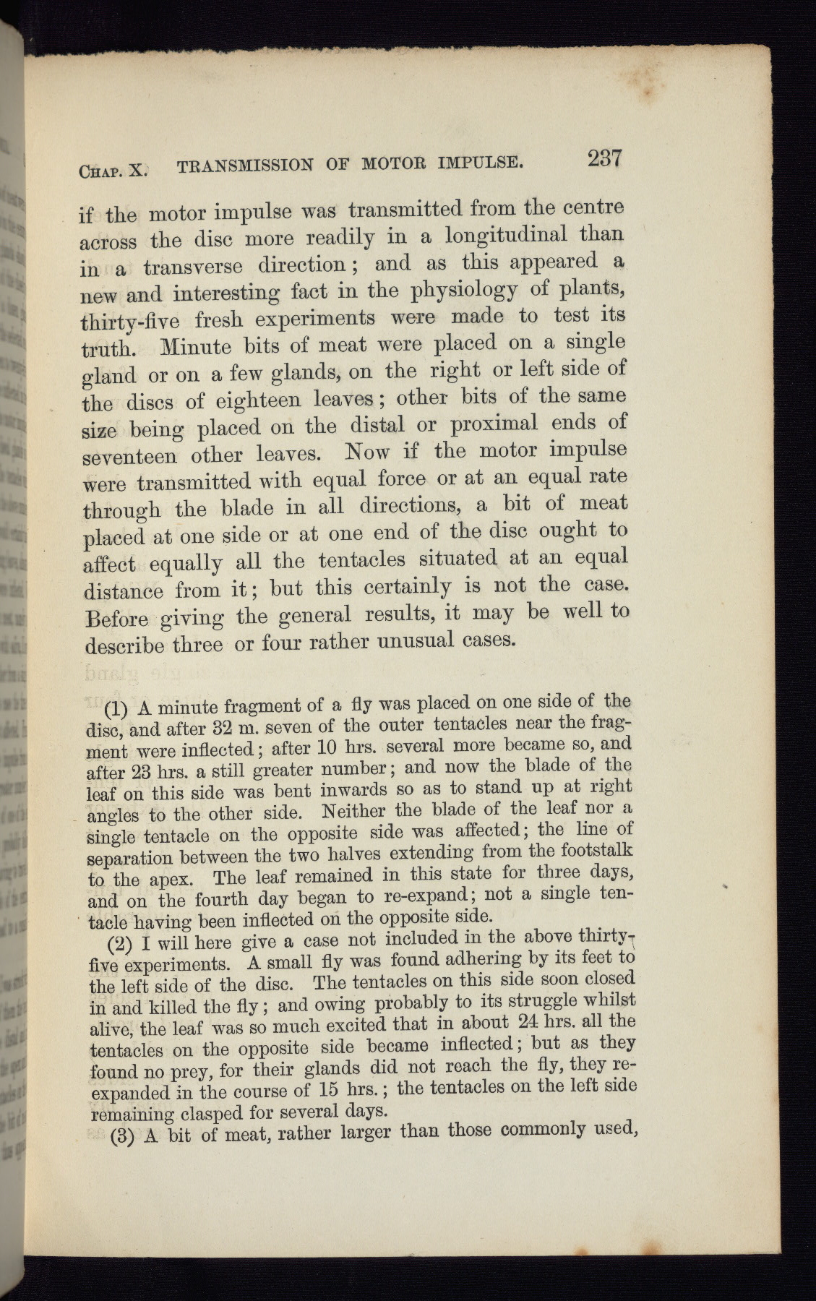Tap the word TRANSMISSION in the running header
pos(244,166)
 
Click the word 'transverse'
pos(192,267)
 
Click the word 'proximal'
pos(493,424)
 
